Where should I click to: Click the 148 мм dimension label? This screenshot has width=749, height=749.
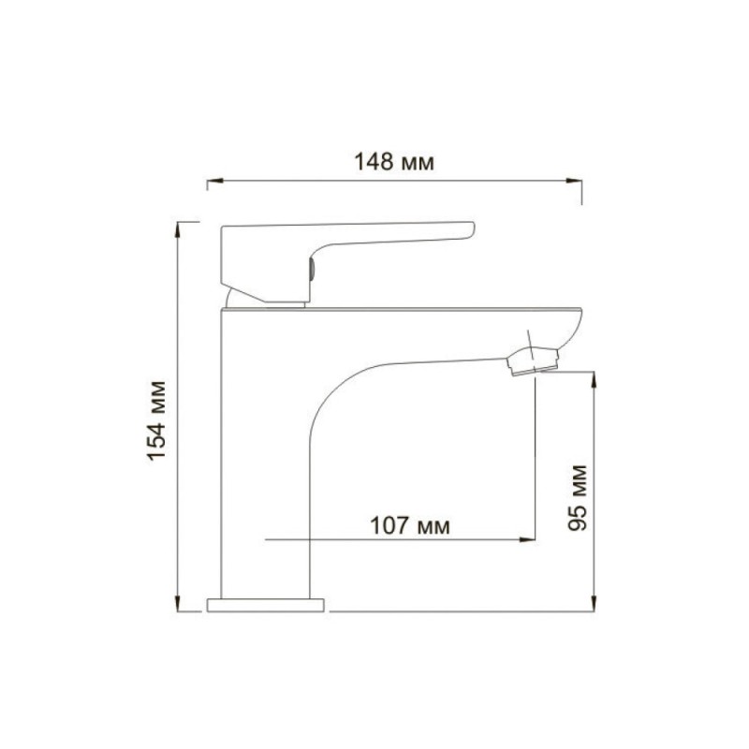[x=394, y=161]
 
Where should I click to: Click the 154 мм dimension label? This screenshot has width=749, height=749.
[x=157, y=420]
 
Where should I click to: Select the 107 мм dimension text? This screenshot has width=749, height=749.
[x=410, y=525]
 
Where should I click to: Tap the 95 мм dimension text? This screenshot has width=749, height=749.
[x=578, y=498]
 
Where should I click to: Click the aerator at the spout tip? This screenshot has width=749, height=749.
[x=533, y=361]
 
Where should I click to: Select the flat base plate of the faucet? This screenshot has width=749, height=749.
[x=266, y=605]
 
